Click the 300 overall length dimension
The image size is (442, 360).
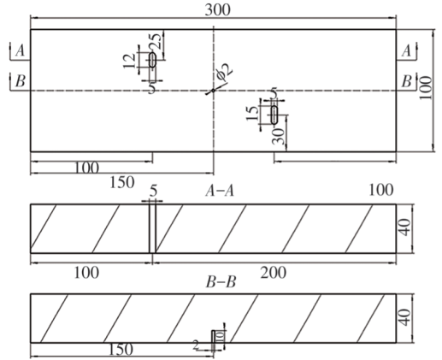click(x=217, y=10)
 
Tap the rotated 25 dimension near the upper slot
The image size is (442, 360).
click(x=156, y=41)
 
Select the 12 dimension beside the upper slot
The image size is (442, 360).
click(x=129, y=61)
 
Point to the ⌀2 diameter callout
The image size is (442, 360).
click(x=225, y=71)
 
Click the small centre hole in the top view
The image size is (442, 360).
click(x=213, y=91)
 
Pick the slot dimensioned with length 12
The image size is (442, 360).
click(x=153, y=60)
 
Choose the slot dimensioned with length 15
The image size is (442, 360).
click(x=274, y=115)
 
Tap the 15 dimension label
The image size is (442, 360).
click(x=252, y=113)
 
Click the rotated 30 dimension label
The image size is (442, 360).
click(x=278, y=136)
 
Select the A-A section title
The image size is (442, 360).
click(x=220, y=191)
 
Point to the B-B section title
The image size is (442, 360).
click(x=221, y=282)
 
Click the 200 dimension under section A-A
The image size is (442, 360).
click(x=274, y=273)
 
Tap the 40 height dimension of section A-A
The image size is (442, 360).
click(x=404, y=227)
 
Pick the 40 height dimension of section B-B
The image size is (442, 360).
click(x=404, y=317)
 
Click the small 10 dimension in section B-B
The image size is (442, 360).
click(x=221, y=336)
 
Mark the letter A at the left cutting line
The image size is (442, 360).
click(x=20, y=51)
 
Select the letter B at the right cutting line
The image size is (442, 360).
click(x=406, y=81)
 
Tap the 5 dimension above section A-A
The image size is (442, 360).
click(x=153, y=191)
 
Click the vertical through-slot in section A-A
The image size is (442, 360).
click(x=152, y=228)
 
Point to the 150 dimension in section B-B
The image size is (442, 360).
click(x=121, y=349)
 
